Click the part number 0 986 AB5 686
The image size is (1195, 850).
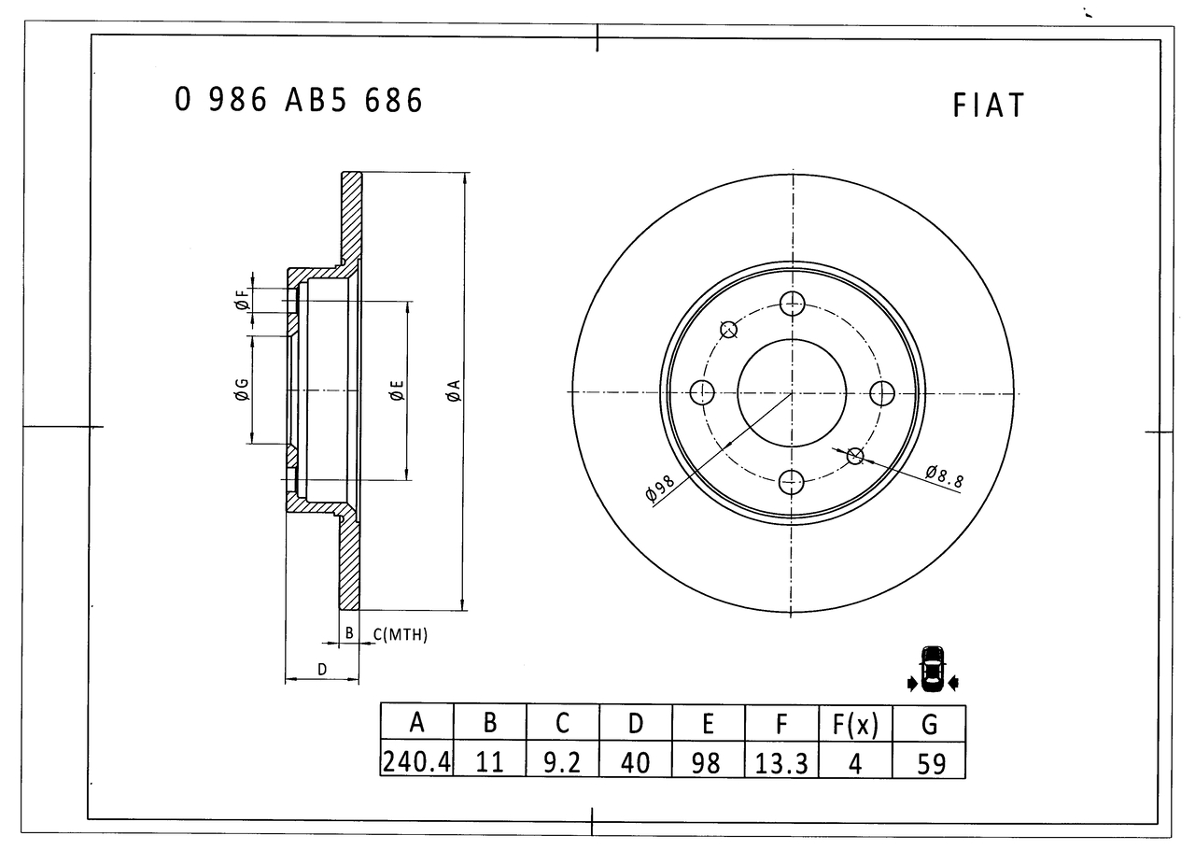pyautogui.click(x=299, y=100)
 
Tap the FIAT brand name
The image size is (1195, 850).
pyautogui.click(x=988, y=106)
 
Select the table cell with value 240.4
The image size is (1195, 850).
pyautogui.click(x=416, y=762)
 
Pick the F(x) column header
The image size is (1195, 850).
pyautogui.click(x=855, y=725)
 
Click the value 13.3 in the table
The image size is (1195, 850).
pyautogui.click(x=781, y=763)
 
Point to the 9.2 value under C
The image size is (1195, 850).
pyautogui.click(x=562, y=762)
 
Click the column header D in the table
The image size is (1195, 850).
pyautogui.click(x=636, y=724)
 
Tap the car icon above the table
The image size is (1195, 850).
pyautogui.click(x=933, y=669)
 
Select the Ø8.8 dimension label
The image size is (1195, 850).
pyautogui.click(x=944, y=476)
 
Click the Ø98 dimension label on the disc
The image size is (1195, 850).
pyautogui.click(x=659, y=488)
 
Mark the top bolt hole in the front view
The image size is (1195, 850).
pyautogui.click(x=793, y=304)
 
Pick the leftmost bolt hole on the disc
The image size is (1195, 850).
pyautogui.click(x=702, y=392)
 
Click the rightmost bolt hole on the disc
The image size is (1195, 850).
pyautogui.click(x=882, y=394)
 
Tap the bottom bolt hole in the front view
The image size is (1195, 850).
pyautogui.click(x=791, y=482)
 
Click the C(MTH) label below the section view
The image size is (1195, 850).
pyautogui.click(x=401, y=634)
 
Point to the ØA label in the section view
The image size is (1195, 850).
pyautogui.click(x=453, y=390)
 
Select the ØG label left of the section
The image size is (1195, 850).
pyautogui.click(x=242, y=390)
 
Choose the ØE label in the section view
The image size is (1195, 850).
pyautogui.click(x=397, y=390)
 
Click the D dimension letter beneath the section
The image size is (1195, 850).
pyautogui.click(x=322, y=670)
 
